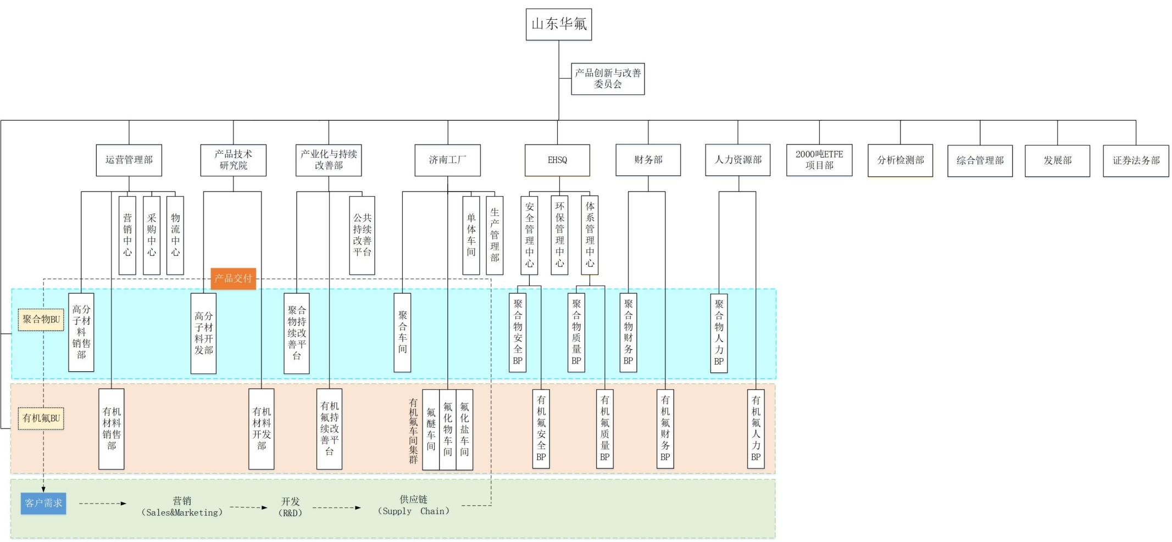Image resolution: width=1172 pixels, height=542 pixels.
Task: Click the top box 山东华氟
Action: pyautogui.click(x=558, y=24)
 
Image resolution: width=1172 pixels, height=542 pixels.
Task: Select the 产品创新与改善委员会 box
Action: pyautogui.click(x=608, y=79)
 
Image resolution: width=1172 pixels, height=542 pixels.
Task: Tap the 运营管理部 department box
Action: pyautogui.click(x=129, y=160)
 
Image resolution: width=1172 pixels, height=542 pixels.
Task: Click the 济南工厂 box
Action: pyautogui.click(x=447, y=160)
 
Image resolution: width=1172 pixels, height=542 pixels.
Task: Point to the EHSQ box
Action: pyautogui.click(x=557, y=160)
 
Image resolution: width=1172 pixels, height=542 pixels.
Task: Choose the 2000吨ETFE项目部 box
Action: pyautogui.click(x=819, y=160)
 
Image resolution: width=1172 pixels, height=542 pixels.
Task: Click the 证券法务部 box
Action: pyautogui.click(x=1136, y=160)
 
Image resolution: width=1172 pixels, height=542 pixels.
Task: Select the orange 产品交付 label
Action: pyautogui.click(x=233, y=278)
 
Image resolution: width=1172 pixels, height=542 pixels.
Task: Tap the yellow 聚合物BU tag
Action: pyautogui.click(x=41, y=320)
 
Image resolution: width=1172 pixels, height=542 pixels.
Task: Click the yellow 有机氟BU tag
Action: pyautogui.click(x=41, y=418)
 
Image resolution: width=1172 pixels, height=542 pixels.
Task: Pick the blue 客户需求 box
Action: pyautogui.click(x=43, y=503)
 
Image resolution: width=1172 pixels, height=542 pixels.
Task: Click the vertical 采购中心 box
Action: pyautogui.click(x=152, y=235)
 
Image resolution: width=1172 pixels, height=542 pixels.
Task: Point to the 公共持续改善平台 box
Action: pyautogui.click(x=362, y=235)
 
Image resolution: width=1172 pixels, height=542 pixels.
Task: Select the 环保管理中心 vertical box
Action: pyautogui.click(x=559, y=234)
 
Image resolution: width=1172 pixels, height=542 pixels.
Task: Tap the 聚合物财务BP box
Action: pyautogui.click(x=628, y=332)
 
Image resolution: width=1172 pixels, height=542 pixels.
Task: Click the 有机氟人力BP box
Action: pyautogui.click(x=756, y=428)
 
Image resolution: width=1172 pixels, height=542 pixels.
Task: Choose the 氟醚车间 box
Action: pyautogui.click(x=431, y=429)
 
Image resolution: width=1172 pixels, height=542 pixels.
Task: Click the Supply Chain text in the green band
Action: pyautogui.click(x=414, y=511)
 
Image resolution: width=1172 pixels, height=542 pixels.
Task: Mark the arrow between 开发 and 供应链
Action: pyautogui.click(x=336, y=508)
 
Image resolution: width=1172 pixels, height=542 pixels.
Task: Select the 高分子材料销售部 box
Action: pyautogui.click(x=81, y=332)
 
